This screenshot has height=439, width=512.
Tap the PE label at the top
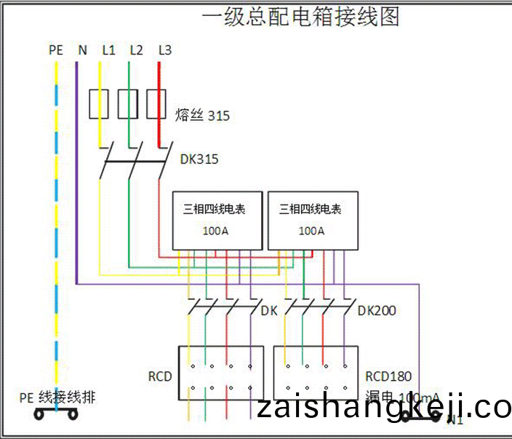tap(56, 50)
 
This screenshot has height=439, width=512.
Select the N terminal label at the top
tap(82, 50)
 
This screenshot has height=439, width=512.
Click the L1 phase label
tap(108, 50)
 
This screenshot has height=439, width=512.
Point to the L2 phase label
tap(136, 50)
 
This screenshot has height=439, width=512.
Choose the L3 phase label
tap(164, 50)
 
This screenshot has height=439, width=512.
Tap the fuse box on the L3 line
tap(156, 104)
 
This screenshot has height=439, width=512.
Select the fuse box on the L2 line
tap(128, 104)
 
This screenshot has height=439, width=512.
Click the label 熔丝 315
tap(202, 116)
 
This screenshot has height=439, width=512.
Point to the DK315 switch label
tap(199, 159)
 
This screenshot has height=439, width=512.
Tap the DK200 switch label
tap(377, 311)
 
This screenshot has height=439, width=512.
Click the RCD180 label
tap(388, 376)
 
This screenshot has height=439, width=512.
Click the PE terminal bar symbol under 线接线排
tap(56, 414)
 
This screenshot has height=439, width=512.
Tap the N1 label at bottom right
tap(455, 420)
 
